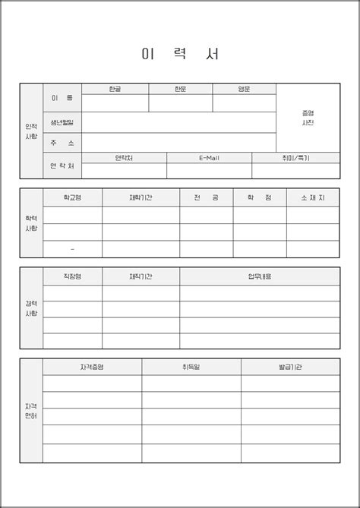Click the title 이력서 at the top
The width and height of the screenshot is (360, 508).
pos(180,55)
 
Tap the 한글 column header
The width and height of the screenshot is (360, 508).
pos(115,89)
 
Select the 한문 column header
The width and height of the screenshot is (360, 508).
pos(180,89)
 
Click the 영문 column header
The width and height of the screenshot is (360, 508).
pos(244,89)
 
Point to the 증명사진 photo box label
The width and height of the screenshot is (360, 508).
pos(308,118)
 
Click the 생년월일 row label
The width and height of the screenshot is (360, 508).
pos(62,122)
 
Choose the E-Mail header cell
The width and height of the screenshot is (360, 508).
pos(209,158)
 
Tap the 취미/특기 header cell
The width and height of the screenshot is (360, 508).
pos(295,158)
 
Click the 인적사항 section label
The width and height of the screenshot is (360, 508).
pos(31,131)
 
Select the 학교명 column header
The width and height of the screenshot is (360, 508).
pos(72,197)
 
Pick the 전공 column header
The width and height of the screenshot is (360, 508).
pos(206,197)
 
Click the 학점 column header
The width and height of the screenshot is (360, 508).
pos(259,197)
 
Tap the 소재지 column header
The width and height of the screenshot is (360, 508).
pos(312,197)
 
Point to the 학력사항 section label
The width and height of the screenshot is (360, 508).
pos(31,223)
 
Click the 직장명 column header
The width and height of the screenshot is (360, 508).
pos(72,276)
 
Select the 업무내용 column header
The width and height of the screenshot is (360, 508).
pos(259,276)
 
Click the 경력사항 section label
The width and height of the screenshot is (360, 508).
pos(31,308)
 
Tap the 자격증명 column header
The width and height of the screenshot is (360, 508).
pos(92,367)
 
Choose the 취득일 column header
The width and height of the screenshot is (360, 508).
pos(191,367)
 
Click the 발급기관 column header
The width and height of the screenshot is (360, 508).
pos(290,367)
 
